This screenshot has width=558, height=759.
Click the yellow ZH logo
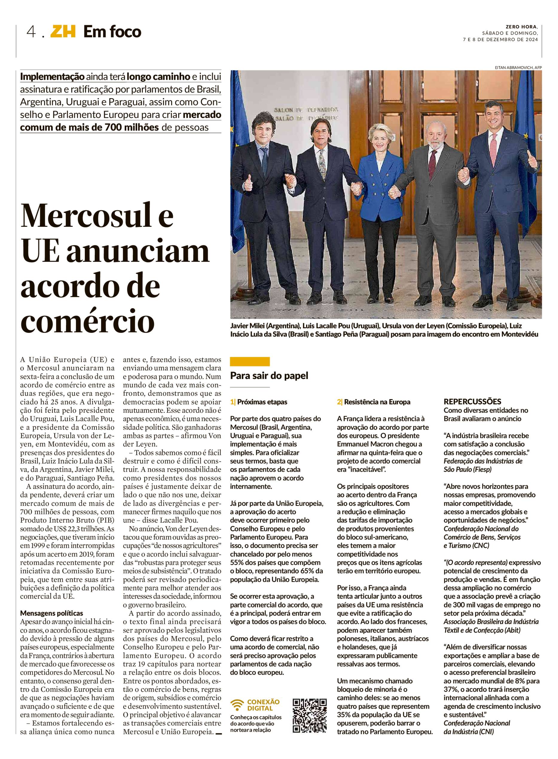(x=63, y=32)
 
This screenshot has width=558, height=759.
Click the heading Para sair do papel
(x=269, y=375)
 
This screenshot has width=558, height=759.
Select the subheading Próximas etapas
(x=262, y=402)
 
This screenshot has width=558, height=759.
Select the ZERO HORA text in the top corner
(x=522, y=27)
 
